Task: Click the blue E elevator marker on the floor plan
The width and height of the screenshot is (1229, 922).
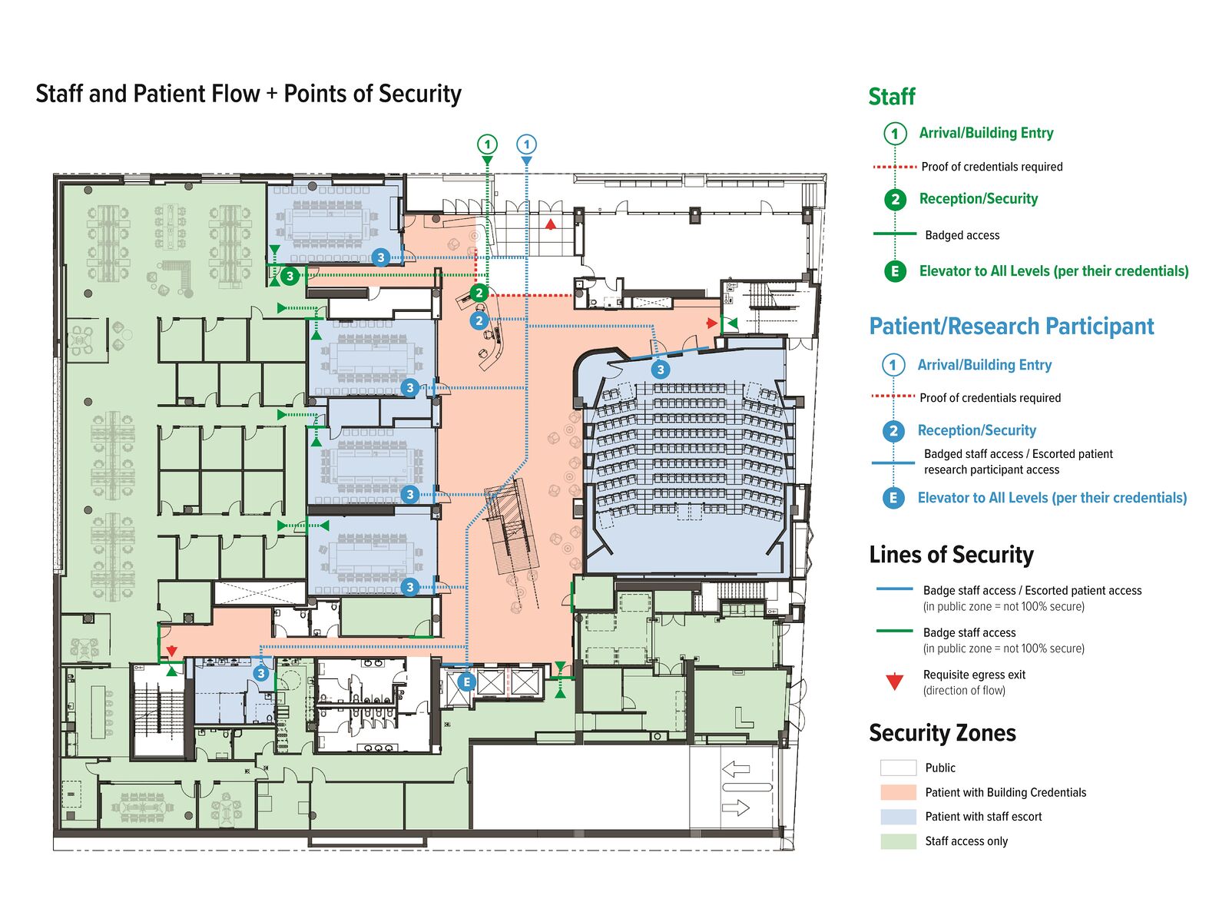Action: pyautogui.click(x=466, y=682)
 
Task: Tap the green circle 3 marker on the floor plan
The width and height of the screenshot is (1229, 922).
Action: pyautogui.click(x=290, y=276)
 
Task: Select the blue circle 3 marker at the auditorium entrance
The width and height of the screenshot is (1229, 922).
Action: pyautogui.click(x=661, y=370)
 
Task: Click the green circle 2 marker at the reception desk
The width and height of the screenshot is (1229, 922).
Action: pyautogui.click(x=479, y=293)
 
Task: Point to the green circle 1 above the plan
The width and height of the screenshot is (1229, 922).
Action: pyautogui.click(x=487, y=144)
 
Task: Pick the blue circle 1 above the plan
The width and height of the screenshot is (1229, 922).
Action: pyautogui.click(x=526, y=144)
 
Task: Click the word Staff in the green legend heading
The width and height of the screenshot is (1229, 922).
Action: pyautogui.click(x=892, y=97)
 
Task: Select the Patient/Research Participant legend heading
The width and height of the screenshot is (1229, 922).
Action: pyautogui.click(x=1011, y=327)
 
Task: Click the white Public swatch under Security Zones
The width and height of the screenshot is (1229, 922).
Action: pyautogui.click(x=898, y=768)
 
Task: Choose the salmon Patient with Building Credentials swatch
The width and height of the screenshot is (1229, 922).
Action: pyautogui.click(x=898, y=792)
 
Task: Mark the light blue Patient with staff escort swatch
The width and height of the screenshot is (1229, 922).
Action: pyautogui.click(x=898, y=817)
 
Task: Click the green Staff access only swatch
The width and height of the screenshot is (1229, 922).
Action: pyautogui.click(x=898, y=841)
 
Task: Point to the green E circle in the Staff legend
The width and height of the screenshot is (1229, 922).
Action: pyautogui.click(x=895, y=271)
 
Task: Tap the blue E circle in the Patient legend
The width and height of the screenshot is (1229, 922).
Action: pyautogui.click(x=893, y=498)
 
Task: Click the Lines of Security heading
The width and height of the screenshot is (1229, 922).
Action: pyautogui.click(x=951, y=555)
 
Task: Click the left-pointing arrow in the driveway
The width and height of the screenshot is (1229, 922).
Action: pyautogui.click(x=736, y=768)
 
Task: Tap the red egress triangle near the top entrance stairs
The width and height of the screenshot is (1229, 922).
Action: pyautogui.click(x=551, y=224)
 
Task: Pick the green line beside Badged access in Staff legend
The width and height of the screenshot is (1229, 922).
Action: pyautogui.click(x=895, y=234)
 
